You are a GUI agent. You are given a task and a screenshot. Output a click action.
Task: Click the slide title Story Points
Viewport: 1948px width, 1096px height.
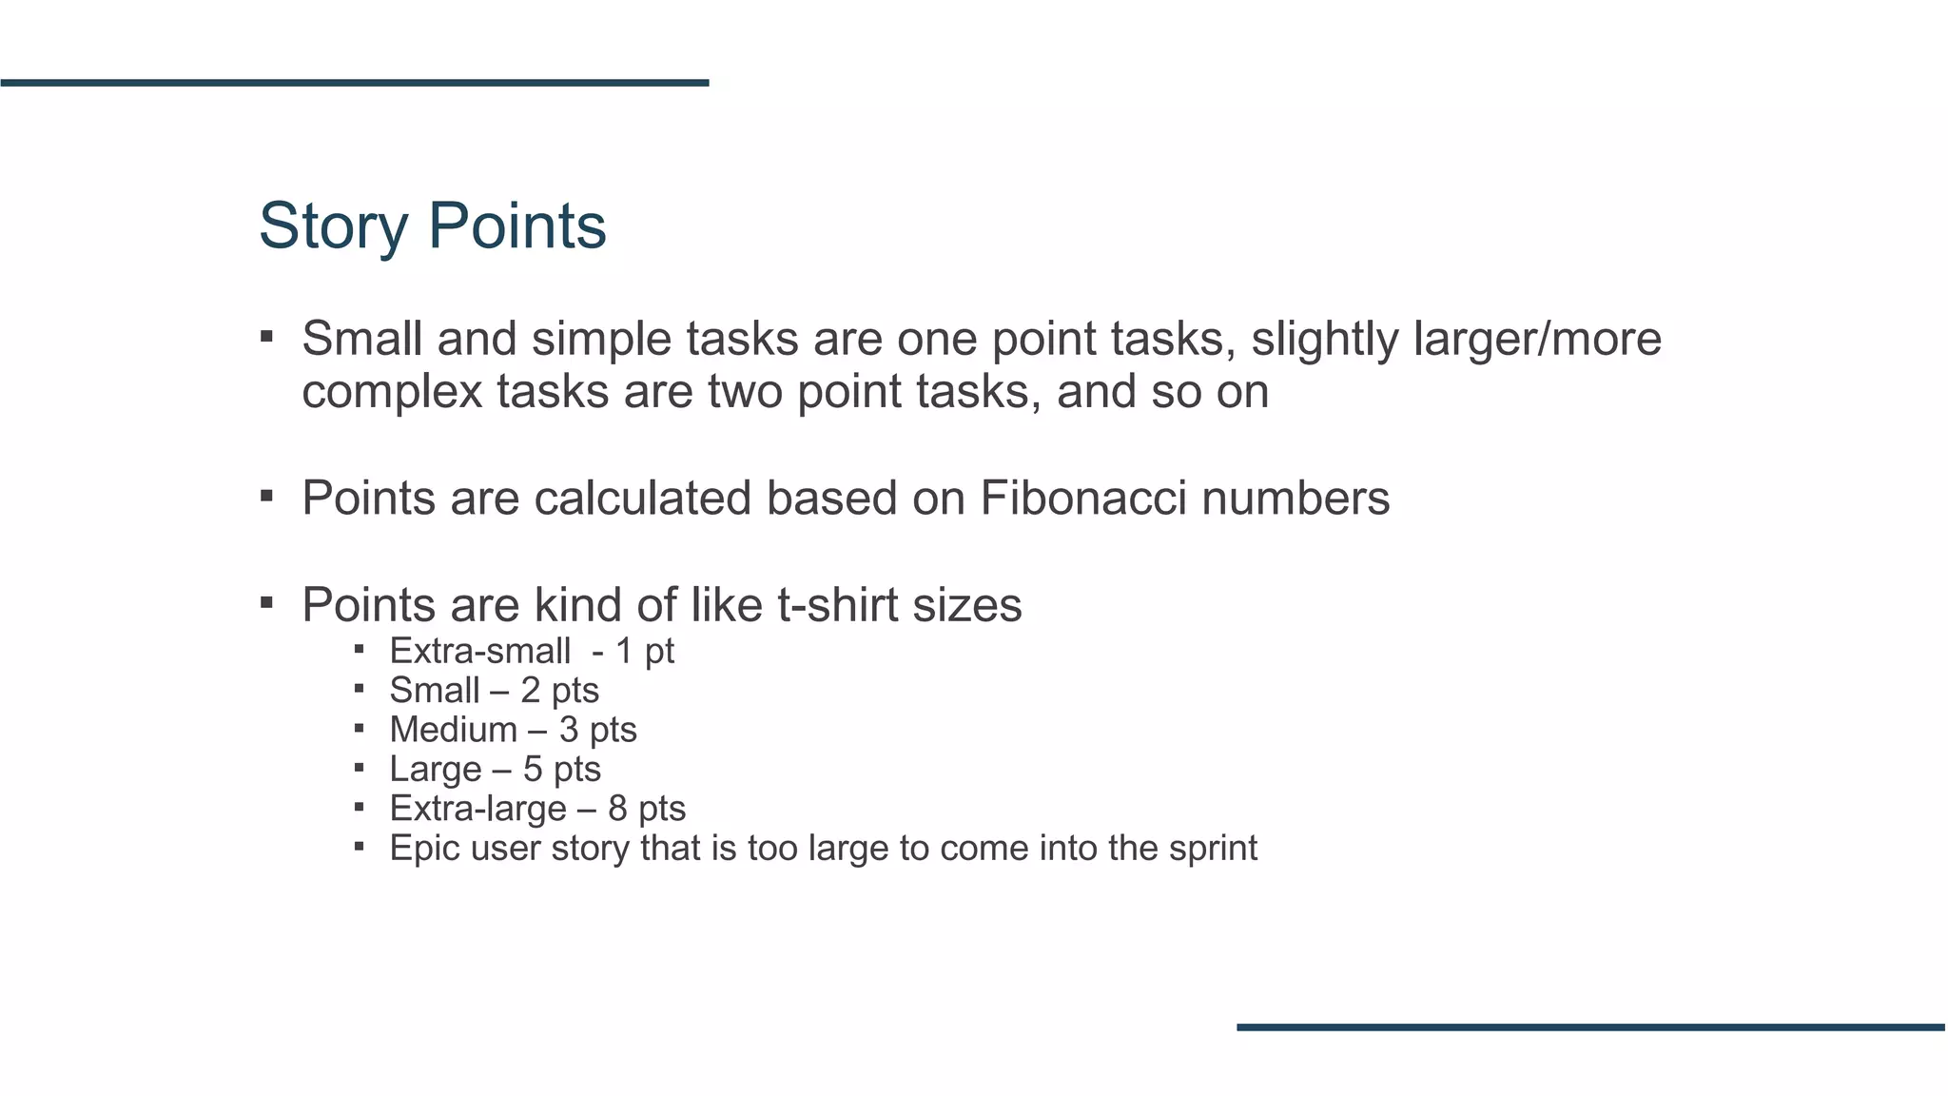coord(432,226)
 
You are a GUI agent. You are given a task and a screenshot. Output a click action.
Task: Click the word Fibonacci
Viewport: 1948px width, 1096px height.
coord(1082,498)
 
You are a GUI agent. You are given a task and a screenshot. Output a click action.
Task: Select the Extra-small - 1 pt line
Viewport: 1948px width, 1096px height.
coord(531,652)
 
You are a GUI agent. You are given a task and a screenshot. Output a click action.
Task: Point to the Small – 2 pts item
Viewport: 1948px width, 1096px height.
coord(494,691)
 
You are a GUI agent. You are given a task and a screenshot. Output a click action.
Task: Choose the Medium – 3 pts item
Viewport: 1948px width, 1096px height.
coord(513,730)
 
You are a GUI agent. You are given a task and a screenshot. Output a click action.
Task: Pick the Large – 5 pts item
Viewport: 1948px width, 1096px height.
coord(495,769)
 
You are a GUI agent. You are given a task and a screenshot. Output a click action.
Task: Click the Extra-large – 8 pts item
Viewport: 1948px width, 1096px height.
coord(537,809)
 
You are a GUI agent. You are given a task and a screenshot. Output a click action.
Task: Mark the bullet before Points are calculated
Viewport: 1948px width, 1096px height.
coord(267,496)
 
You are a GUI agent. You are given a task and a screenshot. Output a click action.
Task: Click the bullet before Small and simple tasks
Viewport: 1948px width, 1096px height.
coord(267,336)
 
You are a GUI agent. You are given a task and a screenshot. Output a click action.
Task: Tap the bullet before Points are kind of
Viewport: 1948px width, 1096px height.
coord(267,602)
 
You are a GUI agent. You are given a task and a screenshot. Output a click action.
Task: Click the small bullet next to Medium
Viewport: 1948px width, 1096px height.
coord(359,729)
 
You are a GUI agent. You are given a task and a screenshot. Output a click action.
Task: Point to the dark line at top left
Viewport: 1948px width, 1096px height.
coord(354,83)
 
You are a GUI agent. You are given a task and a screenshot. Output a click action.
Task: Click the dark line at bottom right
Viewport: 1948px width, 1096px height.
coord(1590,1027)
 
